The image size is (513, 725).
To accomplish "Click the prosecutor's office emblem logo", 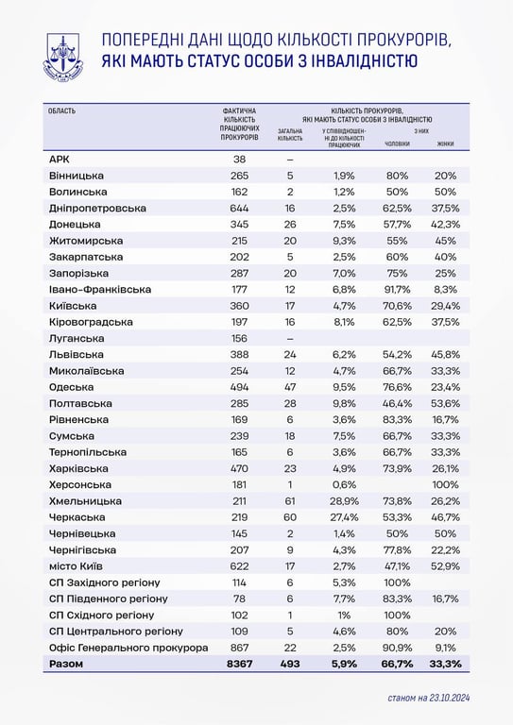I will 62,55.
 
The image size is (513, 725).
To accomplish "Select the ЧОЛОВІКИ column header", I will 397,143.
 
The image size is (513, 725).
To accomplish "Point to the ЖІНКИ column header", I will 445,143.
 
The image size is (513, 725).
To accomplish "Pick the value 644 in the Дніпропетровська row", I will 239,208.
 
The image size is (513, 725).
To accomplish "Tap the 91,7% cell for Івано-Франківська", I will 397,289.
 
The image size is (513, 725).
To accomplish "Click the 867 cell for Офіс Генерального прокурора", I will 239,648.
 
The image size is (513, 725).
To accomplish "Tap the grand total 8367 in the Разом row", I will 239,665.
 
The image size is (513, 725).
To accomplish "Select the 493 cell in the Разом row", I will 290,665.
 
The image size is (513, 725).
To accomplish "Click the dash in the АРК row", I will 290,160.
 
